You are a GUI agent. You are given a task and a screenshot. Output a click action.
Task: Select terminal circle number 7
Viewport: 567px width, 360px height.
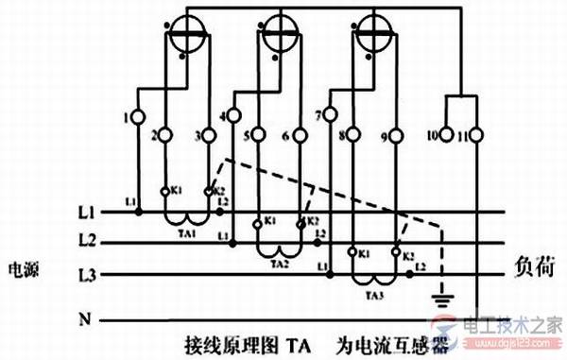click(331, 118)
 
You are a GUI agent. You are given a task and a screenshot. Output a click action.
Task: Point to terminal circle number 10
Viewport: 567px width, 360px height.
click(448, 136)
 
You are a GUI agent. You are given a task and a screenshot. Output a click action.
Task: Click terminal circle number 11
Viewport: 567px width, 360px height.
click(476, 136)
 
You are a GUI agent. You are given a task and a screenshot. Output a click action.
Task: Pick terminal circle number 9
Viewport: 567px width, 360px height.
click(398, 136)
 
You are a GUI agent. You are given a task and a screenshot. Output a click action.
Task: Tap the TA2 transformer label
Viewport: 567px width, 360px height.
click(281, 265)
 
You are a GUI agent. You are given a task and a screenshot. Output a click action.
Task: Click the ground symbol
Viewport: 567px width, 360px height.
click(438, 301)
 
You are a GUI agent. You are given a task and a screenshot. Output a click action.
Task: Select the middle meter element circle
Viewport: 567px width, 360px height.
click(281, 27)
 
